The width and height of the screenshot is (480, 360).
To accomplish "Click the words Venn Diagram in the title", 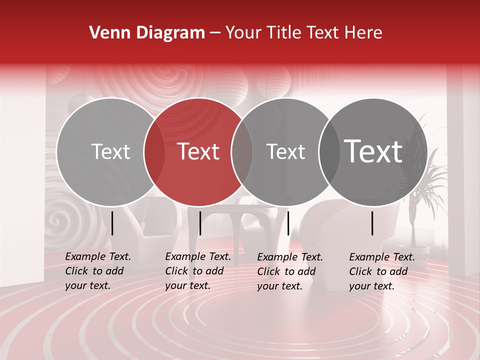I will coord(147,33).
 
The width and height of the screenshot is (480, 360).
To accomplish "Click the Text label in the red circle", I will coord(198,151).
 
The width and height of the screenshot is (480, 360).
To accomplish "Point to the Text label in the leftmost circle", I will coord(110,151).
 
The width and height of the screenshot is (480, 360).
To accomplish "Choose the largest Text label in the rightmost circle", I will coord(373,151).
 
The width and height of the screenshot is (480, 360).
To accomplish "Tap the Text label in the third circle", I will coord(285,151).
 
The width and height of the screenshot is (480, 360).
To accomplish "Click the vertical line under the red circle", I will coord(200,223).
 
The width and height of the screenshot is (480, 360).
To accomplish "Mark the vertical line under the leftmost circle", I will coord(112,223).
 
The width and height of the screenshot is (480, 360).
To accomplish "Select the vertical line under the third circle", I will coord(288,223).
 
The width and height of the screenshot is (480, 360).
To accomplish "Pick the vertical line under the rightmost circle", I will coord(372,223).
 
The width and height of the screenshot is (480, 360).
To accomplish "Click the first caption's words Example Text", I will coord(98,256).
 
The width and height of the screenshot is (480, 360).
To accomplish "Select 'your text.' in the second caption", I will coord(187,285).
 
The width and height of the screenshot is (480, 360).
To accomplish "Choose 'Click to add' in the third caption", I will coord(286,271).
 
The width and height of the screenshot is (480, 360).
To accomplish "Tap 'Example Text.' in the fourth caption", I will coord(382,257).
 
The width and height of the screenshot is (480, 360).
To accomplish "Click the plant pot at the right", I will coord(413,252).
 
